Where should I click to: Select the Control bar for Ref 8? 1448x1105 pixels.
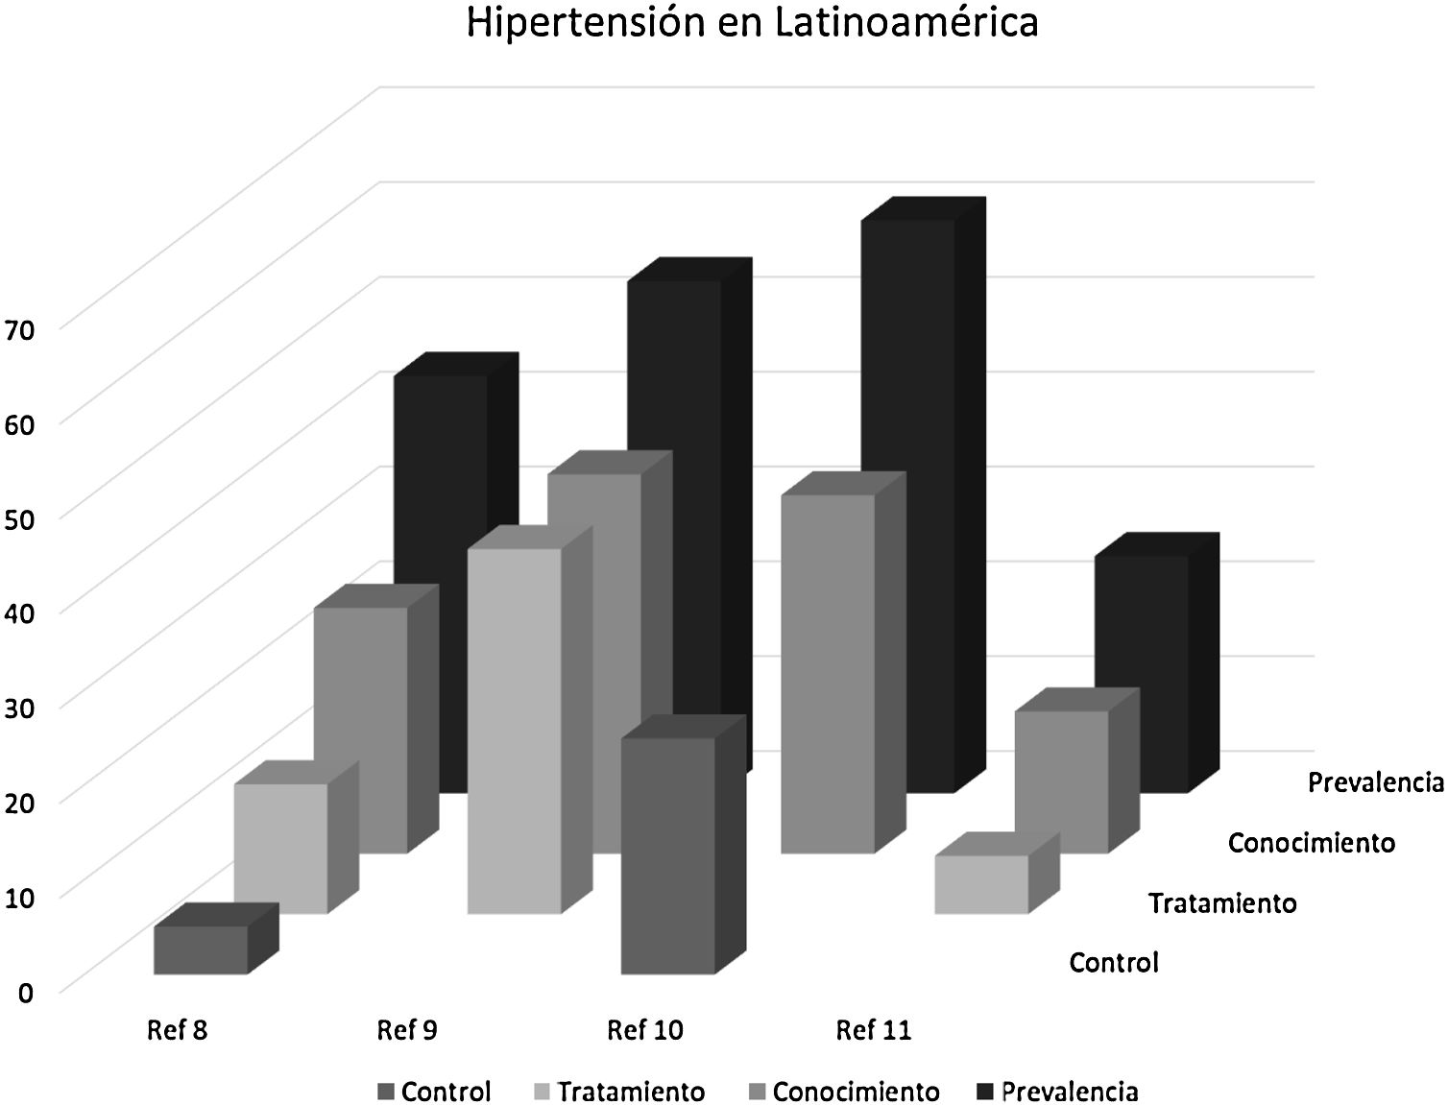(x=201, y=950)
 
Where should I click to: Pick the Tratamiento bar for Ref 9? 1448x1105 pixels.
(x=514, y=730)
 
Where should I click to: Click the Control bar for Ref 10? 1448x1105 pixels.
(x=668, y=855)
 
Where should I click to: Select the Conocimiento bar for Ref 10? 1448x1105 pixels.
(x=827, y=673)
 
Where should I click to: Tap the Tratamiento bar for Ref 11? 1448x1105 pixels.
(x=981, y=884)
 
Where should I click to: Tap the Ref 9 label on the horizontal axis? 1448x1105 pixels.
(x=406, y=1031)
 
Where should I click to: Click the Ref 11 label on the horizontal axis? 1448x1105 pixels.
(x=873, y=1031)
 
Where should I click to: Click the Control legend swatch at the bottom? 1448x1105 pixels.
(x=386, y=1092)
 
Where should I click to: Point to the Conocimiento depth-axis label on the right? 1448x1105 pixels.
(x=1311, y=843)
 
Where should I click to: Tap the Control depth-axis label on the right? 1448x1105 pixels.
(x=1114, y=962)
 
